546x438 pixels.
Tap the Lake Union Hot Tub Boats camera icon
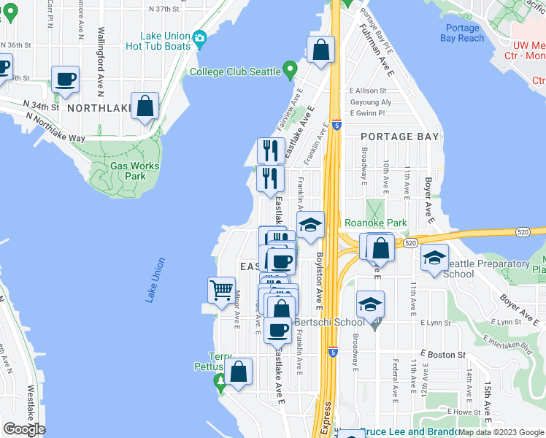tap(199, 38)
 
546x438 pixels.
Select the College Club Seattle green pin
tap(291, 72)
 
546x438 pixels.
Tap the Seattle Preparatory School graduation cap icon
tap(434, 258)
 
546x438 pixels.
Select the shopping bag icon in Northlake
tap(145, 106)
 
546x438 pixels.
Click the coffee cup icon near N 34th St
tap(65, 79)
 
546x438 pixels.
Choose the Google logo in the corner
tap(24, 429)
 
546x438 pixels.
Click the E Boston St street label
tap(442, 355)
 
